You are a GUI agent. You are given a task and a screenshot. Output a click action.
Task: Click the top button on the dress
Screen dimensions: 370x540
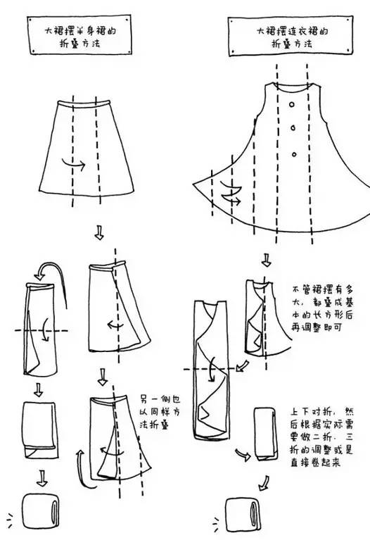[x=292, y=104]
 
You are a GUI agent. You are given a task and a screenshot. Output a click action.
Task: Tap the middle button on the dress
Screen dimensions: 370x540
[x=293, y=128]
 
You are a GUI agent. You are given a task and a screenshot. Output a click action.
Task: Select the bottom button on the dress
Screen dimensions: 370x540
[x=294, y=154]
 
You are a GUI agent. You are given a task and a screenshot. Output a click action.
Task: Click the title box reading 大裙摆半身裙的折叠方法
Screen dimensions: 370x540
[x=79, y=34]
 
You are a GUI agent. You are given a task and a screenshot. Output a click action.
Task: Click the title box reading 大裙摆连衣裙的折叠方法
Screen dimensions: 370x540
[x=291, y=36]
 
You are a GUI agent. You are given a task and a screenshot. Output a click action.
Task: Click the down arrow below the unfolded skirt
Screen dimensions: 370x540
[x=99, y=233]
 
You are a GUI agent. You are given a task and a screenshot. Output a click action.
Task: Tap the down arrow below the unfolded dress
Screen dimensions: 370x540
[x=266, y=260]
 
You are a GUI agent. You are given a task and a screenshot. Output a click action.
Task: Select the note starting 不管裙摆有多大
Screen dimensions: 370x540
[x=322, y=308]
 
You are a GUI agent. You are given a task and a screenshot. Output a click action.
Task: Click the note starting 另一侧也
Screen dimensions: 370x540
[x=160, y=413]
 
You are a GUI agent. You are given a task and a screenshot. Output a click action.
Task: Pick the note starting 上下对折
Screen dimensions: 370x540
[x=321, y=437]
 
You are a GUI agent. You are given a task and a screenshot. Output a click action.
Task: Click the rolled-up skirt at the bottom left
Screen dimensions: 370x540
[x=41, y=511]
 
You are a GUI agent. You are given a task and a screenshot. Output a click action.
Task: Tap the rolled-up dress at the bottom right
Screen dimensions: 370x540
[x=243, y=515]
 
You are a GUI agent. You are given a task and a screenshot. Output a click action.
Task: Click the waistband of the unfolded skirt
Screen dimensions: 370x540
[x=84, y=103]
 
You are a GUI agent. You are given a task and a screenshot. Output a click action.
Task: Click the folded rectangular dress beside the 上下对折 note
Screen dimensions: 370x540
[x=265, y=434]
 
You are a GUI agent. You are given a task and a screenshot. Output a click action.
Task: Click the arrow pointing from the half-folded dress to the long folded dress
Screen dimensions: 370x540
[x=242, y=365]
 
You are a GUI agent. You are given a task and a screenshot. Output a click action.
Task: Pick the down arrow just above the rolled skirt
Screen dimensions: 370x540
[x=42, y=478]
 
